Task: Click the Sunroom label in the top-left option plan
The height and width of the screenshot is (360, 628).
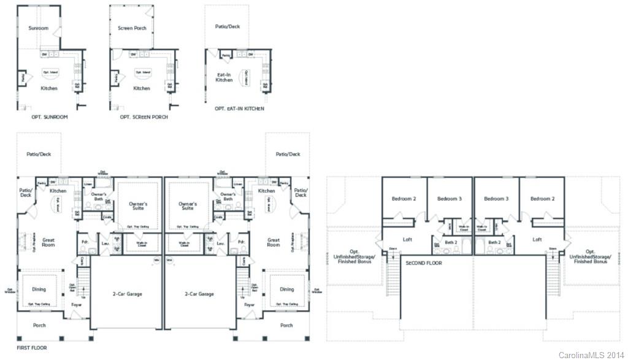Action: click(38, 28)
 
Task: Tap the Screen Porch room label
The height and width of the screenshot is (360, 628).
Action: click(132, 28)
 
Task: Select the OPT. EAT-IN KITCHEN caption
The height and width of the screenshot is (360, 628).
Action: click(239, 109)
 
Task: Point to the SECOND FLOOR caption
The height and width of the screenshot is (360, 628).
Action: click(424, 262)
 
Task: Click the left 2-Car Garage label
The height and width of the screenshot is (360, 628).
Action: click(127, 294)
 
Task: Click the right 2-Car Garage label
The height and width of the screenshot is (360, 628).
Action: click(199, 294)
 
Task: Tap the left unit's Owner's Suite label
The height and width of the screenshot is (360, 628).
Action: click(139, 205)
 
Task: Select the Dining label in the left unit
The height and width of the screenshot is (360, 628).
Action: click(39, 289)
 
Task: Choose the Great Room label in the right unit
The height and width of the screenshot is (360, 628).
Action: click(274, 242)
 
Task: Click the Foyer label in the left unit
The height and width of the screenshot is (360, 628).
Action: click(77, 304)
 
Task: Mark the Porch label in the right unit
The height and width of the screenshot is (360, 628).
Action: click(286, 325)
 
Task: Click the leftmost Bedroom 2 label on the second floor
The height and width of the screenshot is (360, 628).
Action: click(404, 199)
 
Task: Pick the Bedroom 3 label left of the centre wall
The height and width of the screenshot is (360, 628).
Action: click(450, 199)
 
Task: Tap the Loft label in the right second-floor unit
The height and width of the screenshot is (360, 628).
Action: click(537, 239)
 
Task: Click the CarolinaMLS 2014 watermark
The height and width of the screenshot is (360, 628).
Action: click(592, 355)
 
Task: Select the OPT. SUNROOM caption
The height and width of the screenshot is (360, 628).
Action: click(49, 117)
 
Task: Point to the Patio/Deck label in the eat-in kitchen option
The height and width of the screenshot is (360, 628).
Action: click(227, 27)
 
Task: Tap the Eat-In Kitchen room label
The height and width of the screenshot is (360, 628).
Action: click(224, 77)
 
